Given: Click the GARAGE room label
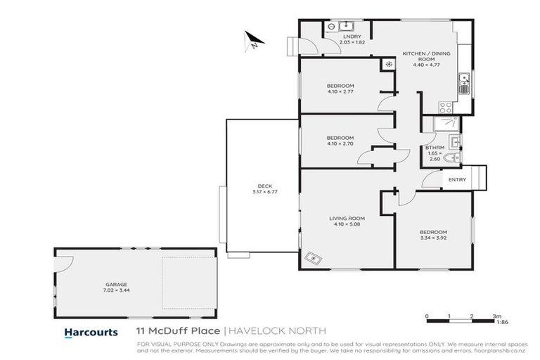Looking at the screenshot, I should [107, 284].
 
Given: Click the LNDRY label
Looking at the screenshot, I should [352, 37].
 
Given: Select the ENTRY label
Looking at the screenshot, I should [457, 180].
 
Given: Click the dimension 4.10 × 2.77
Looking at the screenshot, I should [340, 91].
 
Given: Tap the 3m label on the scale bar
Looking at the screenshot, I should [496, 316].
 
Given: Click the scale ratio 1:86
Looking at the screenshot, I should [500, 323].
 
